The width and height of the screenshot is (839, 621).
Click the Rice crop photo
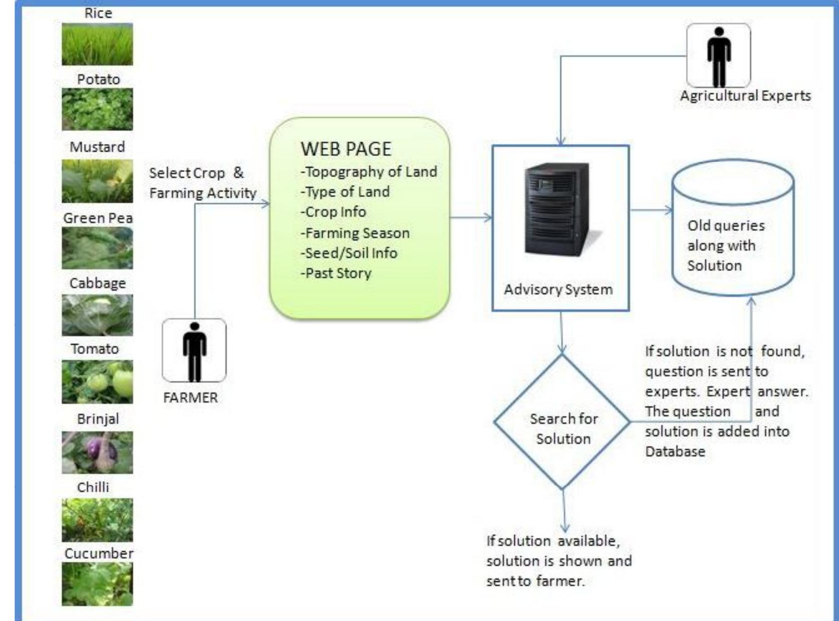(97, 44)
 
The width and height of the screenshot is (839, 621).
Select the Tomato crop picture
(97, 382)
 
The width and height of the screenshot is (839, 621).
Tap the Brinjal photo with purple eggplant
(97, 452)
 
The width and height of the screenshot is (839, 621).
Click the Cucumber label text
(99, 553)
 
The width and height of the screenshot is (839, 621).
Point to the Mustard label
(97, 147)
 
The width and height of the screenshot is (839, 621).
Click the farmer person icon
(194, 350)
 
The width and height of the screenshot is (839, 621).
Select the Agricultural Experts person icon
(719, 55)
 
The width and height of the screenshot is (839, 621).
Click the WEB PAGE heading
(346, 149)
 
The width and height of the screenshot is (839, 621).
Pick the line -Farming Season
(355, 233)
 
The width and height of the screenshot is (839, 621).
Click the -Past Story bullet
(336, 273)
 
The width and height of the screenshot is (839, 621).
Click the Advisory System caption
(558, 289)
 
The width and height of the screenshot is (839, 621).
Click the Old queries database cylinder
(733, 228)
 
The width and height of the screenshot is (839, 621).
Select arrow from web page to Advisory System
(471, 218)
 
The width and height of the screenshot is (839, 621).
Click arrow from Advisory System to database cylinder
(650, 210)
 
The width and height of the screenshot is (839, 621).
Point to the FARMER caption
(191, 398)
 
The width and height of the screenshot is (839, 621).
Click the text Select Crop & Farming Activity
(203, 183)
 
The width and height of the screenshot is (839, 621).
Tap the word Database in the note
(675, 451)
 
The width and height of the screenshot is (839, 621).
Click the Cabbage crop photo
(97, 315)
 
